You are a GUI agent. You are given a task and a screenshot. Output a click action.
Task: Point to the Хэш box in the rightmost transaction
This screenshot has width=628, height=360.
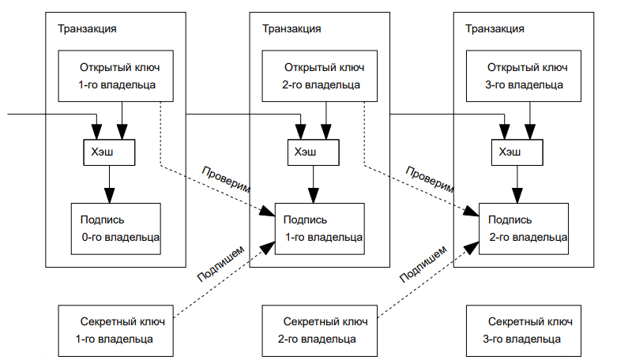click(x=517, y=152)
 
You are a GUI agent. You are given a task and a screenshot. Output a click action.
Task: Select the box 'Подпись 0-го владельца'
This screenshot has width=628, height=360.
click(x=115, y=229)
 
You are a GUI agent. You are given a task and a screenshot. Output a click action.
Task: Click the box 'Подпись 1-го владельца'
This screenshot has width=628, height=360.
click(x=320, y=229)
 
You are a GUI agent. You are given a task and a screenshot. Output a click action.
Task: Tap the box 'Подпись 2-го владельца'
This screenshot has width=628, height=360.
click(x=525, y=229)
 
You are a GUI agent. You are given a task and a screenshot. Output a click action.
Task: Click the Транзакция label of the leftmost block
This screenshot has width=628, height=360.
click(x=88, y=28)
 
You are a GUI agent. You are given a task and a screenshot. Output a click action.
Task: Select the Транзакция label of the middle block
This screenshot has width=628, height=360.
click(x=291, y=28)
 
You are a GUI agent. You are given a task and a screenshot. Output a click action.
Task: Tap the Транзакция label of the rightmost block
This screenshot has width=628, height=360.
click(x=495, y=28)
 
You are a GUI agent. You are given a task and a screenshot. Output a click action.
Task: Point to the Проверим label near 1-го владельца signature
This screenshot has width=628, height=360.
click(x=226, y=180)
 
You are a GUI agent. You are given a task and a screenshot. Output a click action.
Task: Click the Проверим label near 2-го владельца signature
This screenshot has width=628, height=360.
click(x=431, y=180)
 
